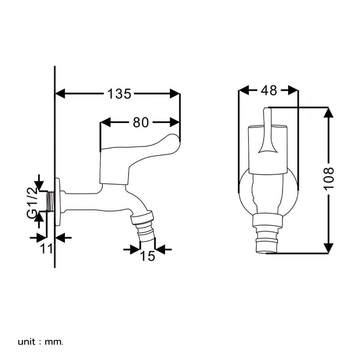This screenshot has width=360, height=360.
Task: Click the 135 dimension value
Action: click(119, 94)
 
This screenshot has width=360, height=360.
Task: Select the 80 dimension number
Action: click(140, 122)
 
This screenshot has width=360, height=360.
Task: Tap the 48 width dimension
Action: click(269, 90)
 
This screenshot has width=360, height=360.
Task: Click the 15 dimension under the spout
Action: click(147, 256)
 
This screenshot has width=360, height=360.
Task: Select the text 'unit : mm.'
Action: click(40, 342)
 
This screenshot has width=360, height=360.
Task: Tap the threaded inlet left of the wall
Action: click(50, 201)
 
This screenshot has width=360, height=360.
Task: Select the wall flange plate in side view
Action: click(58, 202)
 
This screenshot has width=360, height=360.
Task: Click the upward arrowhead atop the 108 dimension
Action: click(329, 112)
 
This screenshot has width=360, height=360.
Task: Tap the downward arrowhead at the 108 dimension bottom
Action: click(329, 248)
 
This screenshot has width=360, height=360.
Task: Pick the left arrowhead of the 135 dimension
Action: click(60, 94)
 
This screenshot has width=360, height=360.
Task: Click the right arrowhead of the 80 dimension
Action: click(175, 122)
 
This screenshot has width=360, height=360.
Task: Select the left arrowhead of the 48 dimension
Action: click(244, 90)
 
